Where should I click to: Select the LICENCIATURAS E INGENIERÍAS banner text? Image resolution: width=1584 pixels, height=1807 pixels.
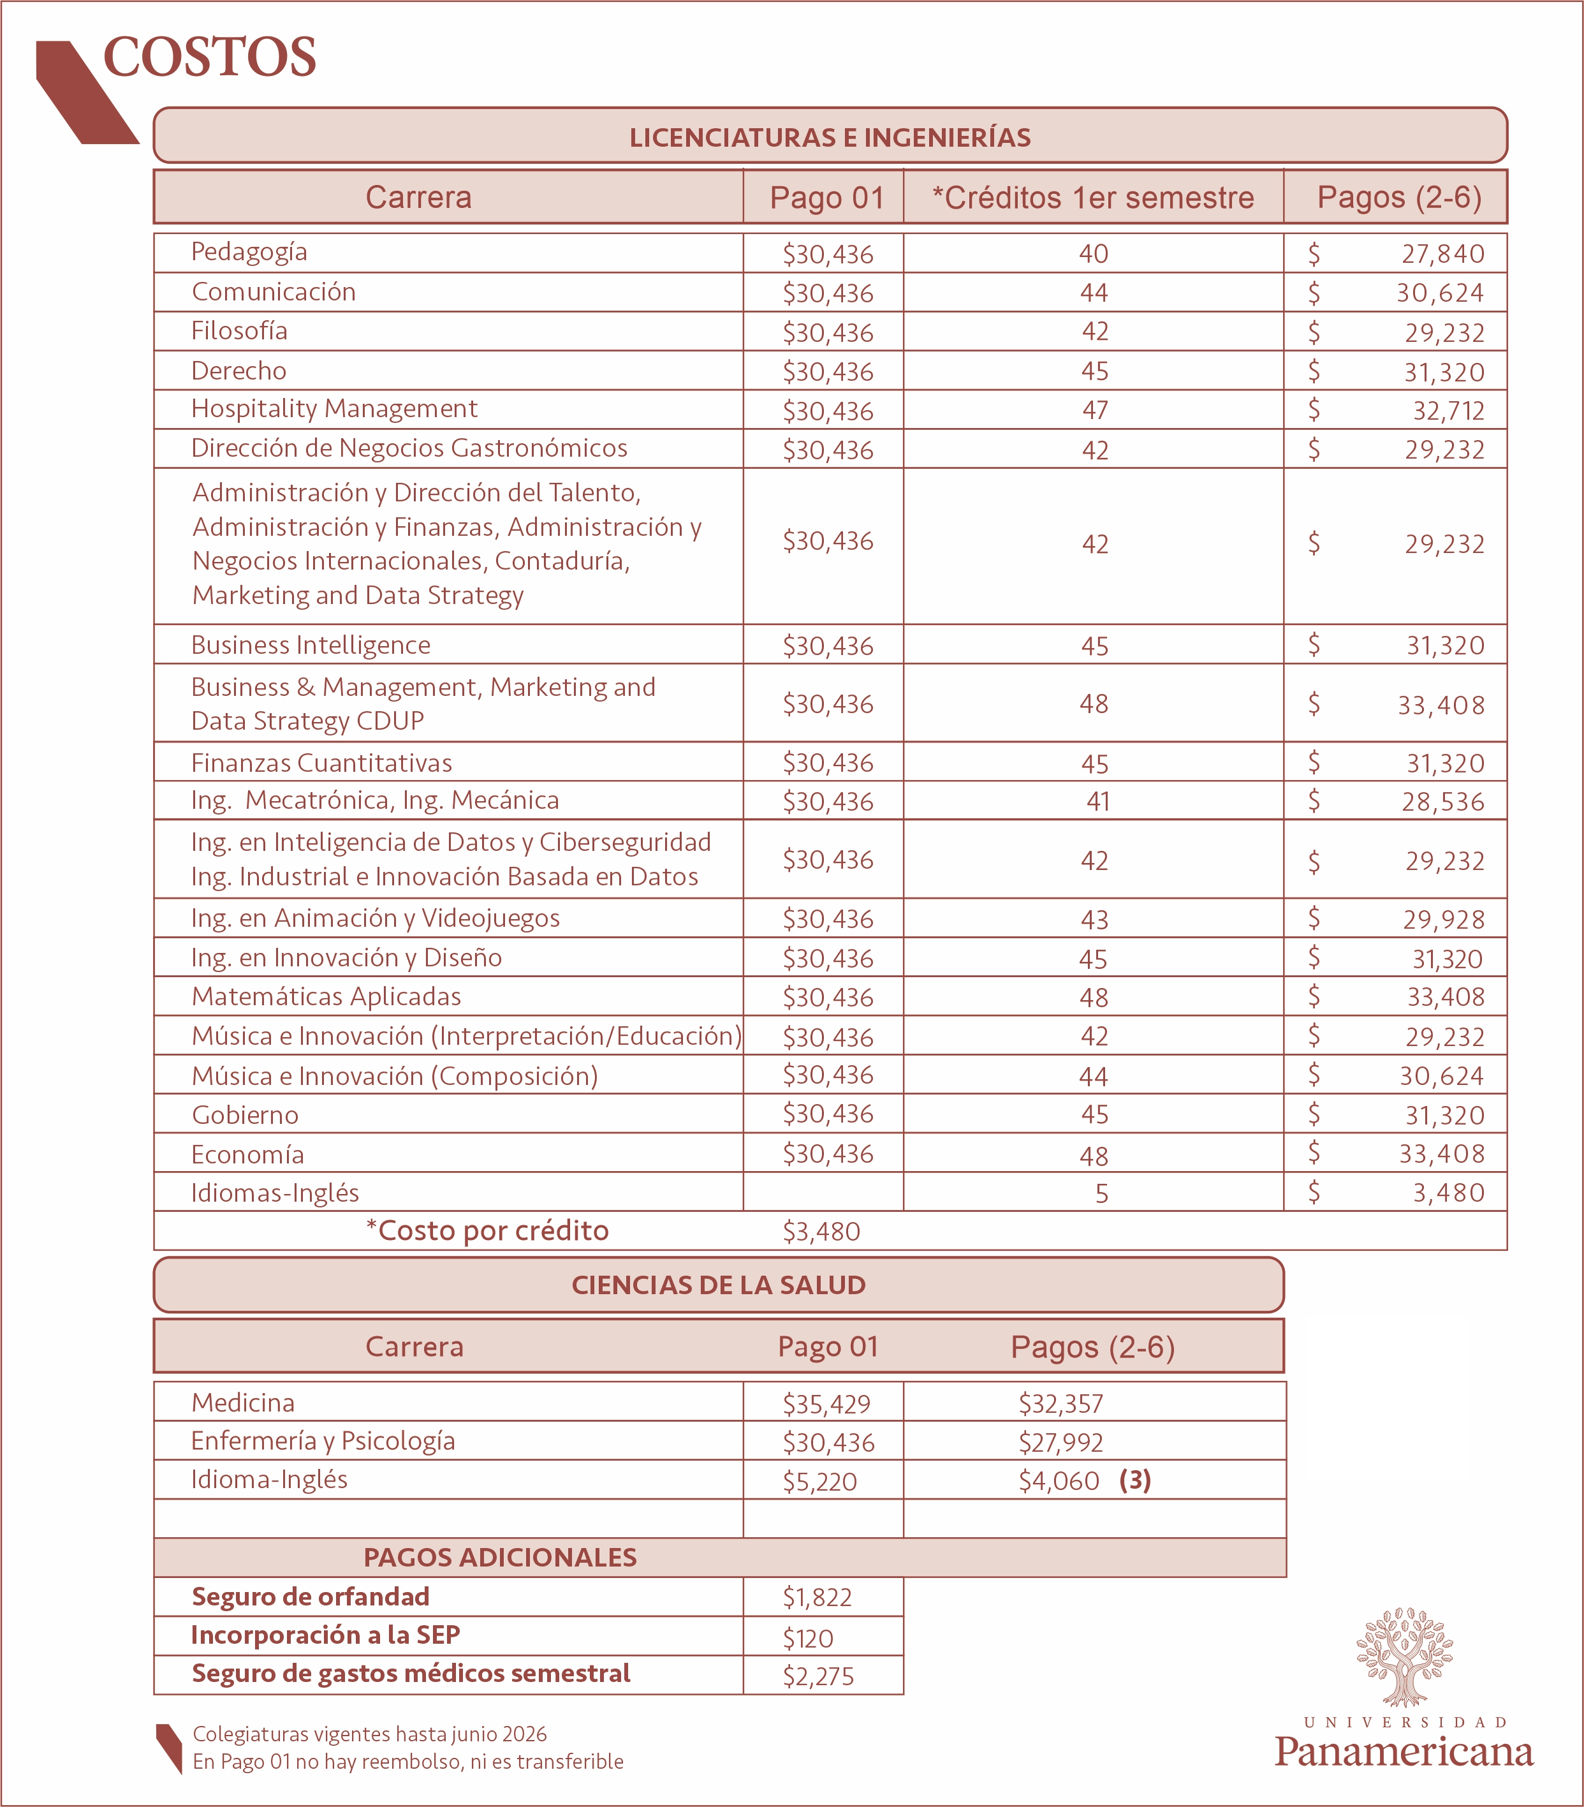(830, 138)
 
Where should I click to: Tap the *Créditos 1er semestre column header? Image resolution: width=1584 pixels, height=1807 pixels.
(1094, 198)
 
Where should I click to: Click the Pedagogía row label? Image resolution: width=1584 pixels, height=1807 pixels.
(249, 252)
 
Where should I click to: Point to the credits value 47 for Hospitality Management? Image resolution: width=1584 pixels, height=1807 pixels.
(1094, 410)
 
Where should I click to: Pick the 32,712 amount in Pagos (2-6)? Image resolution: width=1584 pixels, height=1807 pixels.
(1448, 411)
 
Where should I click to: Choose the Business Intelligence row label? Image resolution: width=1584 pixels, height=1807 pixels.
(311, 645)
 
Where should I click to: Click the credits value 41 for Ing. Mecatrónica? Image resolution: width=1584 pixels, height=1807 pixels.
(1098, 802)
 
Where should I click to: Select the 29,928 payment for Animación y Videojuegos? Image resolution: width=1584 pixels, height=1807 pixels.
(1444, 919)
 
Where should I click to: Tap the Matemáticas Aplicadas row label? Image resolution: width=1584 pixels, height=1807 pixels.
(326, 997)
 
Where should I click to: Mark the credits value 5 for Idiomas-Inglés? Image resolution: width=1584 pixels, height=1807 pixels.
(1101, 1194)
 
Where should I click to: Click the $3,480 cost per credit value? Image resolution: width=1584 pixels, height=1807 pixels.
(821, 1232)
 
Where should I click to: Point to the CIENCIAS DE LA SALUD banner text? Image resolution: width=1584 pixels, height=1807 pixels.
(719, 1285)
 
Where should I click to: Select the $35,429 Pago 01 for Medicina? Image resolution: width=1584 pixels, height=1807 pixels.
(826, 1404)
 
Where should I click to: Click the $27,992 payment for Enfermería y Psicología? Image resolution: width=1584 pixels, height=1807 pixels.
(1060, 1443)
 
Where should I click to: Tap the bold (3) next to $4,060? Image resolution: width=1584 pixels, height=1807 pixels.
(1135, 1481)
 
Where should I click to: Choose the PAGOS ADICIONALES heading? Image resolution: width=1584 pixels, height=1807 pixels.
(501, 1558)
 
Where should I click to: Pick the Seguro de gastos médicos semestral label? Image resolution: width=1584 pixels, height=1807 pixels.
(411, 1674)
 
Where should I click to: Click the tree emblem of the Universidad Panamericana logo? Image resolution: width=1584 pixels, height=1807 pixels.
(1405, 1656)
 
